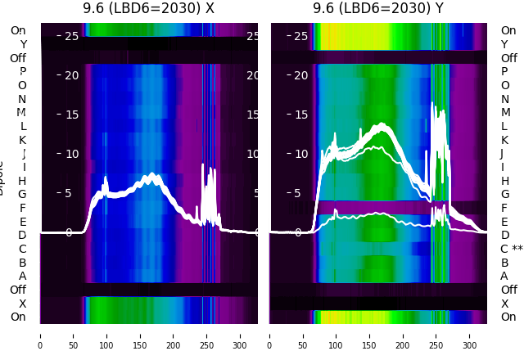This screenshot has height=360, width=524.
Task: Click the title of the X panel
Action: pos(148,8)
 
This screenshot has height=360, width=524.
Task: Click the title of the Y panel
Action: pos(378,8)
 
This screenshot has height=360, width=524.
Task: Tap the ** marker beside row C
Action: pos(517,249)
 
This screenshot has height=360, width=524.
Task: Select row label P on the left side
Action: pos(22,71)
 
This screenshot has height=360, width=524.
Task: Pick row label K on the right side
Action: pos(504,140)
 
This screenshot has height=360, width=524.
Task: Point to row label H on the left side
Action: pos(22,181)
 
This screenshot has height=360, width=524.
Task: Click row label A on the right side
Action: pos(504,276)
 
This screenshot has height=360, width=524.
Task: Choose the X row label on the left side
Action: pos(22,304)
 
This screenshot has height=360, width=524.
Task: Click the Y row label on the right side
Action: pos(504,44)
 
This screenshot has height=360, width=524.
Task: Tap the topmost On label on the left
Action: pos(18,30)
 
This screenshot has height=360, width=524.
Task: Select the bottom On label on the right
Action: pos(508,317)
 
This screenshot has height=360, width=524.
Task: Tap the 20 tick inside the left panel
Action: pos(71,75)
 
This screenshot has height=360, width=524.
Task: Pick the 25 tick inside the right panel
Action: pos(300,36)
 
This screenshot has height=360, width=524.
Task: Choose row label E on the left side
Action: pos(22,222)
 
